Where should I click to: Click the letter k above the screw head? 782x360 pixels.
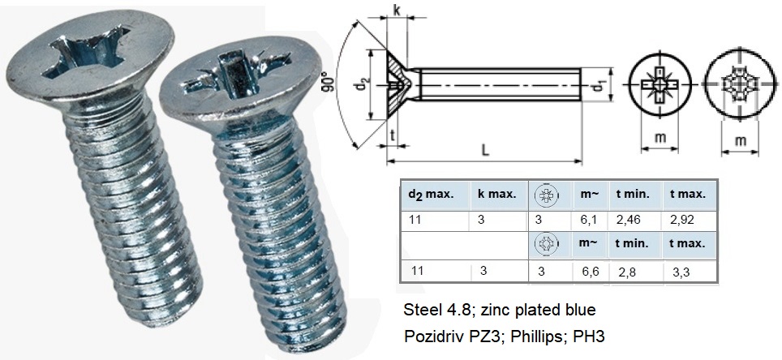coord(395,11)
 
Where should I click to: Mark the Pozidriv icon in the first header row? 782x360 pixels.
coord(547,195)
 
